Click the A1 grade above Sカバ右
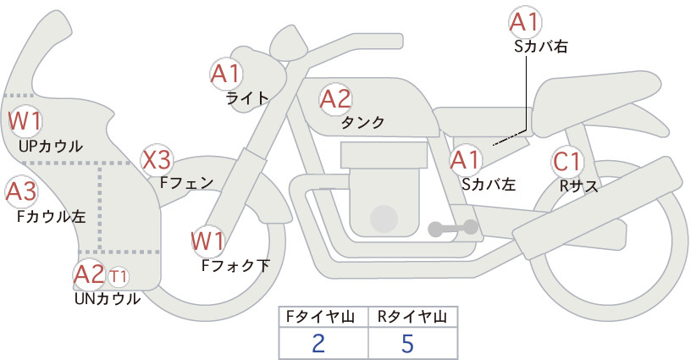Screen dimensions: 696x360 click(x=526, y=22)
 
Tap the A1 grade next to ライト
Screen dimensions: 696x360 click(x=226, y=74)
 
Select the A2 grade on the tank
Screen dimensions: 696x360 click(x=335, y=99)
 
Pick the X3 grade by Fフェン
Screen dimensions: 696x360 click(x=157, y=160)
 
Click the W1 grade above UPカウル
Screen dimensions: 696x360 click(x=25, y=120)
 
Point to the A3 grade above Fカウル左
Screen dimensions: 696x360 click(x=21, y=191)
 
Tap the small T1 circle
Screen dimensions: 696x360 click(x=118, y=276)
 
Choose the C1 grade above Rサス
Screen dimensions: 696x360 click(x=567, y=161)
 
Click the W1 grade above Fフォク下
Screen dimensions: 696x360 click(x=207, y=241)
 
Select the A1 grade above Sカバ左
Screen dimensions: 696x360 click(x=466, y=160)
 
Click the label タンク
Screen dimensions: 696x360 click(x=362, y=122)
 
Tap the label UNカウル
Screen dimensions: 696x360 click(x=108, y=298)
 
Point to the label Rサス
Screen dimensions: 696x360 click(x=579, y=186)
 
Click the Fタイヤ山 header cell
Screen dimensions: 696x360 click(x=323, y=317)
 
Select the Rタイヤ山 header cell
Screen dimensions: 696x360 click(x=413, y=317)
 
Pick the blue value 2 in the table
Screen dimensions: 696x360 click(x=318, y=343)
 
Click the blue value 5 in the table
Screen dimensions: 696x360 click(x=407, y=343)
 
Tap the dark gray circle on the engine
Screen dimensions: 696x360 click(x=384, y=219)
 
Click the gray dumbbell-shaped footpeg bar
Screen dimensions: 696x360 click(x=453, y=228)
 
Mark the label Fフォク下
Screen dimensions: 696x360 click(x=235, y=265)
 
